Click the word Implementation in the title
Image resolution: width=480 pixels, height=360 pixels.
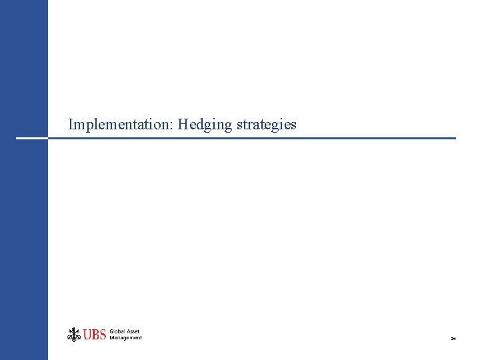121,125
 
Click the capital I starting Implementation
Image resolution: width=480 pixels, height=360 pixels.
71,124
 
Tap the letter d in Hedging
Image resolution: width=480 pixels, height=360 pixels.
197,124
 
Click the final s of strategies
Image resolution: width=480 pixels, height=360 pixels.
293,125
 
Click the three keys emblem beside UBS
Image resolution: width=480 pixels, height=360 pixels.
73,334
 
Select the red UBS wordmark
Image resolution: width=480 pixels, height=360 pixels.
95,335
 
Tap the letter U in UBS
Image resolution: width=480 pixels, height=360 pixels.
87,335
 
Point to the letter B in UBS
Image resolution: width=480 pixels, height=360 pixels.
95,335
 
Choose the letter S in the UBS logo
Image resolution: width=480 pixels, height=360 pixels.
103,335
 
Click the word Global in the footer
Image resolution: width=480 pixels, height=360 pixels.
117,331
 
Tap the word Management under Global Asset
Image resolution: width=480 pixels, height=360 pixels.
126,338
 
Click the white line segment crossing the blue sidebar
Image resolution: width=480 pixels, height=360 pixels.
31,138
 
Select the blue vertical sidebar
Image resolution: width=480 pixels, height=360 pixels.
24,233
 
